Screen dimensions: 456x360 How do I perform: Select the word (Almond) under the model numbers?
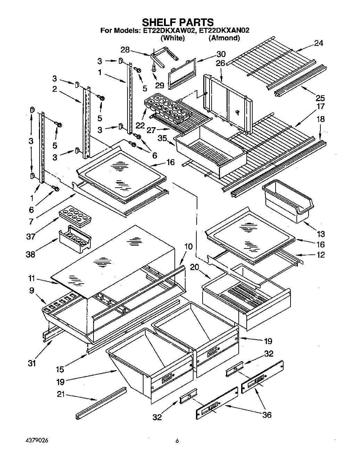coord(224,38)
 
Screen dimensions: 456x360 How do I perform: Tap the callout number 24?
coord(318,43)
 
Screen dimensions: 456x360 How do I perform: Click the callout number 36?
coord(267,415)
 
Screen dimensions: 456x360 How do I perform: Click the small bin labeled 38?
coord(75,240)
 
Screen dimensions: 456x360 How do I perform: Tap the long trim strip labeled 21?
coord(101,403)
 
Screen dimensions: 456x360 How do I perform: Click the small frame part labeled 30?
coord(182,73)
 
